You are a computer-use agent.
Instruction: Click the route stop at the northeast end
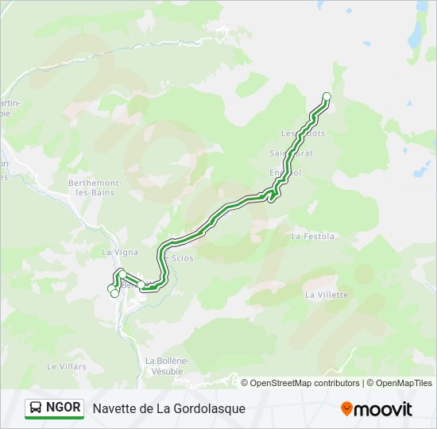point(326,97)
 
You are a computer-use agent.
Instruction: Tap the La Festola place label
point(313,236)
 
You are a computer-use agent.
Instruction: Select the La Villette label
point(327,294)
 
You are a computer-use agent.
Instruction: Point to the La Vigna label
point(120,252)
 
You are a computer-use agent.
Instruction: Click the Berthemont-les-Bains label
point(95,187)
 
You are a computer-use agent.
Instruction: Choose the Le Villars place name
point(66,366)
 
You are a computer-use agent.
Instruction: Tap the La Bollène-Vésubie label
point(167,365)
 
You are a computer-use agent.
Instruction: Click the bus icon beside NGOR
point(37,408)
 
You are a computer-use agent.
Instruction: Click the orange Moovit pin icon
point(346,409)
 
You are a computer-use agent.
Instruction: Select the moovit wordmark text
point(383,409)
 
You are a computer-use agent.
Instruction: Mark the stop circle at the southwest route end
point(114,293)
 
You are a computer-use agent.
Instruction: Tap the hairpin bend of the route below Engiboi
point(273,198)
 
